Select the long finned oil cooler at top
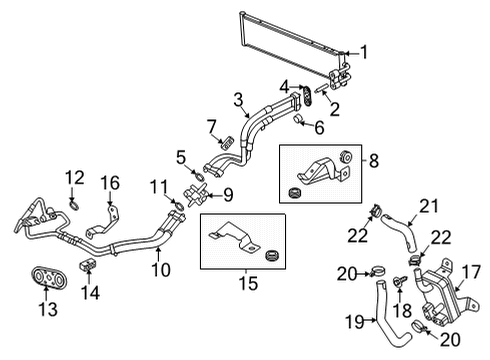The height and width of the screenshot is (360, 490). (x=285, y=37)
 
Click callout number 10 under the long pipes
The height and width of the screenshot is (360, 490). (x=161, y=269)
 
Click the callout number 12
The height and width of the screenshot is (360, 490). (x=72, y=177)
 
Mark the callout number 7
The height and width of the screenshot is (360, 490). (x=211, y=124)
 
